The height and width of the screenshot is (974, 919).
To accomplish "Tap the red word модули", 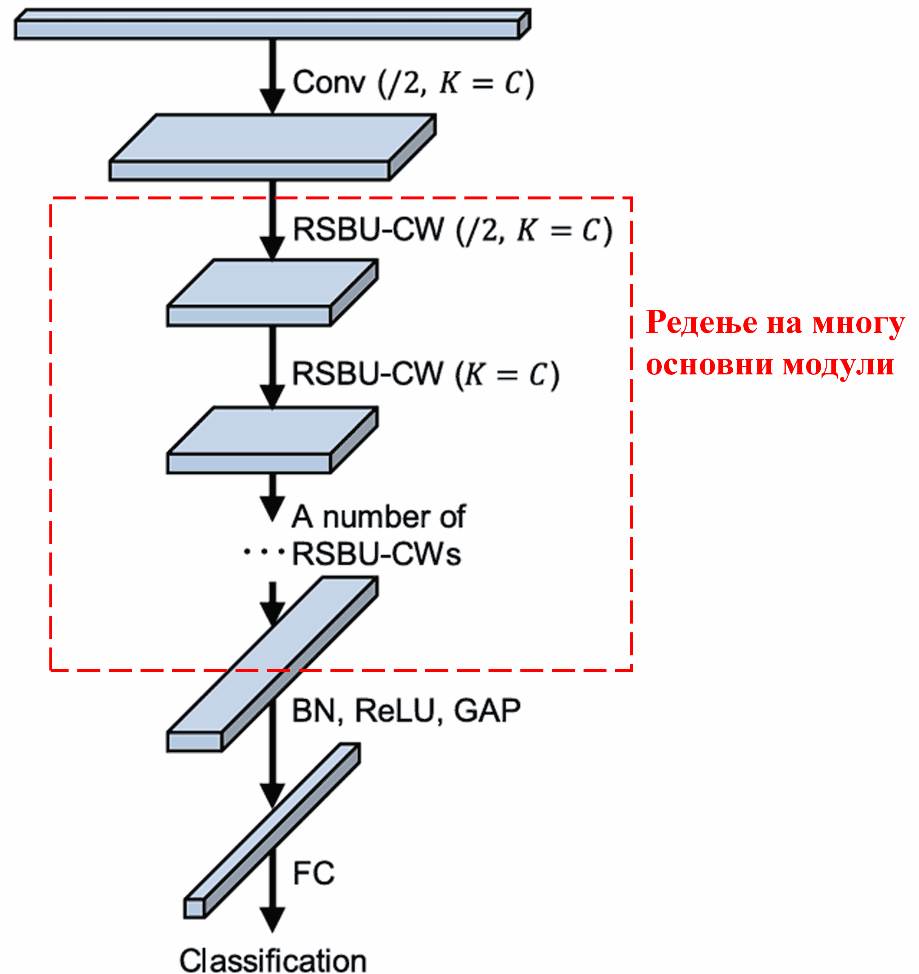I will tap(838, 365).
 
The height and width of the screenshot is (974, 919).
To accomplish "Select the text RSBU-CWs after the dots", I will tap(376, 555).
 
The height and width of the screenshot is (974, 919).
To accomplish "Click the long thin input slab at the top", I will tap(267, 29).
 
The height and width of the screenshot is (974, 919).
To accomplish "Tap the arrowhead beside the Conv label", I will tap(272, 101).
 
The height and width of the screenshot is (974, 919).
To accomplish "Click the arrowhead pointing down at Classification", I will tap(272, 920).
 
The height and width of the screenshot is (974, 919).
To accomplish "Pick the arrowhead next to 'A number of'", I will tap(272, 507).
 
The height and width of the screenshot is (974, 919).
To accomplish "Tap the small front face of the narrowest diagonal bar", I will tap(194, 909).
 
